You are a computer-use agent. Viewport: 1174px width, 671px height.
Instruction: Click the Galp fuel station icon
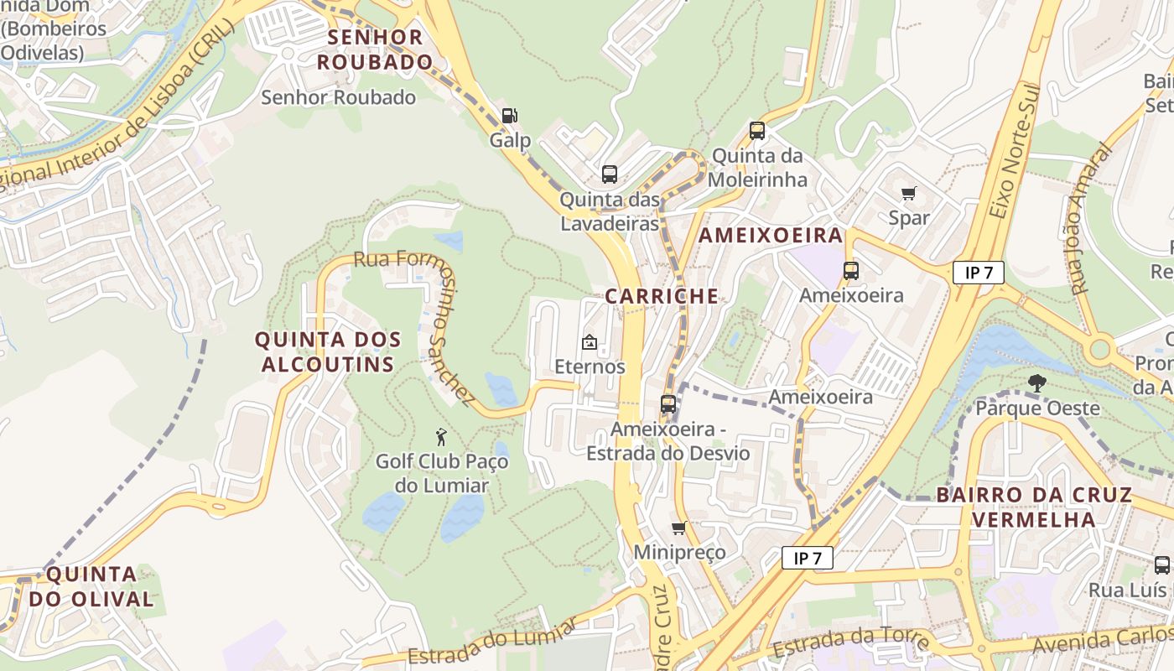[509, 116]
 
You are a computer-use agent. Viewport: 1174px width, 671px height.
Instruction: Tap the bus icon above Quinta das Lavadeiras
[610, 174]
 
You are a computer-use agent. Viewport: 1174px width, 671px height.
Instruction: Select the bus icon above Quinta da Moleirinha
[757, 131]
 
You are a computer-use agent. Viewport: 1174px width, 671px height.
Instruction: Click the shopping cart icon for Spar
[909, 194]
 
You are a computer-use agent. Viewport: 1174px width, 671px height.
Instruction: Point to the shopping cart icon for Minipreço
[678, 528]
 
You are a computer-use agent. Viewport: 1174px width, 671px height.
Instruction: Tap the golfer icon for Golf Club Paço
[442, 437]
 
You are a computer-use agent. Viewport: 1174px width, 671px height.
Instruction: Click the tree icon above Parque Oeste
[1037, 383]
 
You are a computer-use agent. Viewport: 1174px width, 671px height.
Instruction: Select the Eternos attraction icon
[590, 342]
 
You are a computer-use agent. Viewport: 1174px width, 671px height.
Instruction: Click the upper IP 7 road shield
[978, 273]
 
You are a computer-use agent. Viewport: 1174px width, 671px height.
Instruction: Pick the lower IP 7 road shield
[808, 558]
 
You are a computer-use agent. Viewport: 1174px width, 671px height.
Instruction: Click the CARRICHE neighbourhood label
[662, 296]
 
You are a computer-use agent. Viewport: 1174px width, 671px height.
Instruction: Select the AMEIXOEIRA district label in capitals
[771, 236]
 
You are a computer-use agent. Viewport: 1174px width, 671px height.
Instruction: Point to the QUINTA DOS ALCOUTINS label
[327, 352]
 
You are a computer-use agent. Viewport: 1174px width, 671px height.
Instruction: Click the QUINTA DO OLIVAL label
[91, 586]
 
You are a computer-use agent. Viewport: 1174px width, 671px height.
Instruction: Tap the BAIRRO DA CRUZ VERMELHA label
[1034, 507]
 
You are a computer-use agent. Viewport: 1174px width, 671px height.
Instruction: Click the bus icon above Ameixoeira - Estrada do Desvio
[668, 403]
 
